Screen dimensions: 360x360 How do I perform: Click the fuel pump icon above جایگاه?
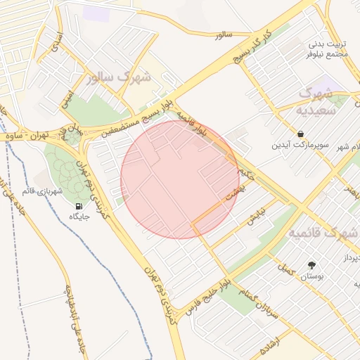click(x=77, y=206)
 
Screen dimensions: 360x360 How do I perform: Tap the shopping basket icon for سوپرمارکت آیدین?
click(x=301, y=134)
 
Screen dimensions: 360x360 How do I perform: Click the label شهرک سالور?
click(x=119, y=78)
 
